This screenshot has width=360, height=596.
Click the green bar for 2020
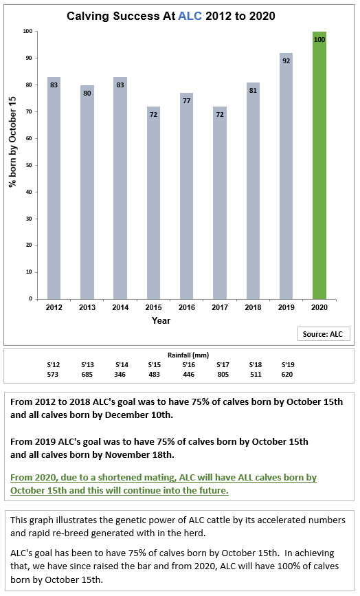[x=319, y=166]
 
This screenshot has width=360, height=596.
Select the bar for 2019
[x=286, y=176]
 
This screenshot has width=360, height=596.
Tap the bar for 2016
[x=186, y=196]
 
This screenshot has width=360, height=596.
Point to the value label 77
[x=186, y=101]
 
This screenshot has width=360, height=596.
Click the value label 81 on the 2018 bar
[x=253, y=91]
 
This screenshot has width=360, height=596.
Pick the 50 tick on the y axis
[x=30, y=166]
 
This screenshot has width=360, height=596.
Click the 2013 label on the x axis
[x=87, y=307]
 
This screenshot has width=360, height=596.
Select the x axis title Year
[x=161, y=320]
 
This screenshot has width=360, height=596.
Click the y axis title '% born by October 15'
[x=12, y=142]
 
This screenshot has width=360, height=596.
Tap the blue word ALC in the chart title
[x=190, y=16]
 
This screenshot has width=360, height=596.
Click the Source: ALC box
[x=323, y=334]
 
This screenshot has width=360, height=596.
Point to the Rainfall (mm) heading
[x=188, y=355]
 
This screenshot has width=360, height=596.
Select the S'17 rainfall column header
[x=223, y=364]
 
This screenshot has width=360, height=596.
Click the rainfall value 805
[x=223, y=375]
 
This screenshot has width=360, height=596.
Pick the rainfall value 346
[x=120, y=375]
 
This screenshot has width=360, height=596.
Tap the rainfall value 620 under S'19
[x=287, y=375]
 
